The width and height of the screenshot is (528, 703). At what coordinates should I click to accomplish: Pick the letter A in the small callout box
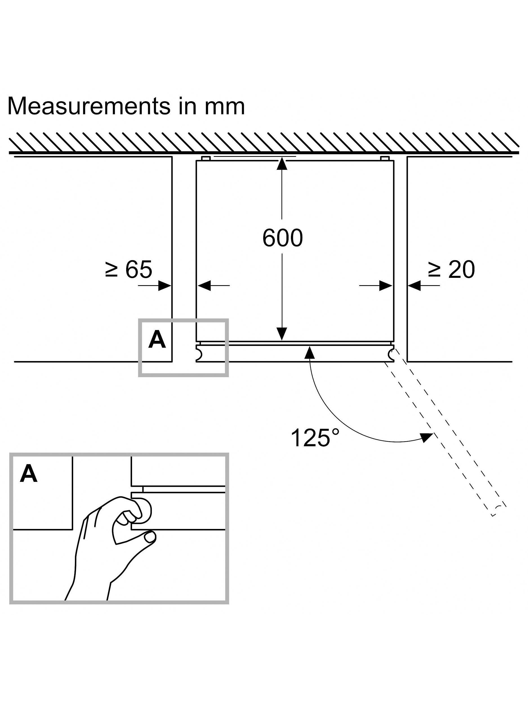click(x=157, y=339)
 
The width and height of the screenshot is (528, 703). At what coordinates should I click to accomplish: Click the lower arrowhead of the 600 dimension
click(x=282, y=334)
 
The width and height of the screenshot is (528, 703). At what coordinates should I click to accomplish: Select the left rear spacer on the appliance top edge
click(x=206, y=158)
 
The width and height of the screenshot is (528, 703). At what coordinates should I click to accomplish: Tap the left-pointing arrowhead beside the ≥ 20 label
click(x=414, y=286)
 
